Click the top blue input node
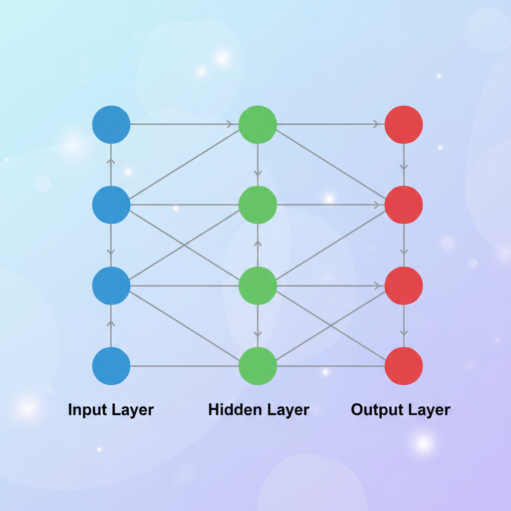click(x=111, y=124)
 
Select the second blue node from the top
click(x=111, y=205)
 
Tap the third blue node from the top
click(x=111, y=285)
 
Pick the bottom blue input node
click(x=111, y=366)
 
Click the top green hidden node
click(x=257, y=124)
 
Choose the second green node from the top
click(x=257, y=205)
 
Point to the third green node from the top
click(x=257, y=285)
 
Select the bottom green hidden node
click(x=257, y=366)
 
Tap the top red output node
click(x=404, y=124)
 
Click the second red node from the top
click(x=404, y=205)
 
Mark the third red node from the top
click(x=404, y=285)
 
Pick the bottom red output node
click(x=404, y=366)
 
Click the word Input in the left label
click(x=88, y=410)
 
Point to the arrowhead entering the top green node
click(x=230, y=124)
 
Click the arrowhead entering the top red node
click(x=376, y=124)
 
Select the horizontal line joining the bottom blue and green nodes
click(x=184, y=366)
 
